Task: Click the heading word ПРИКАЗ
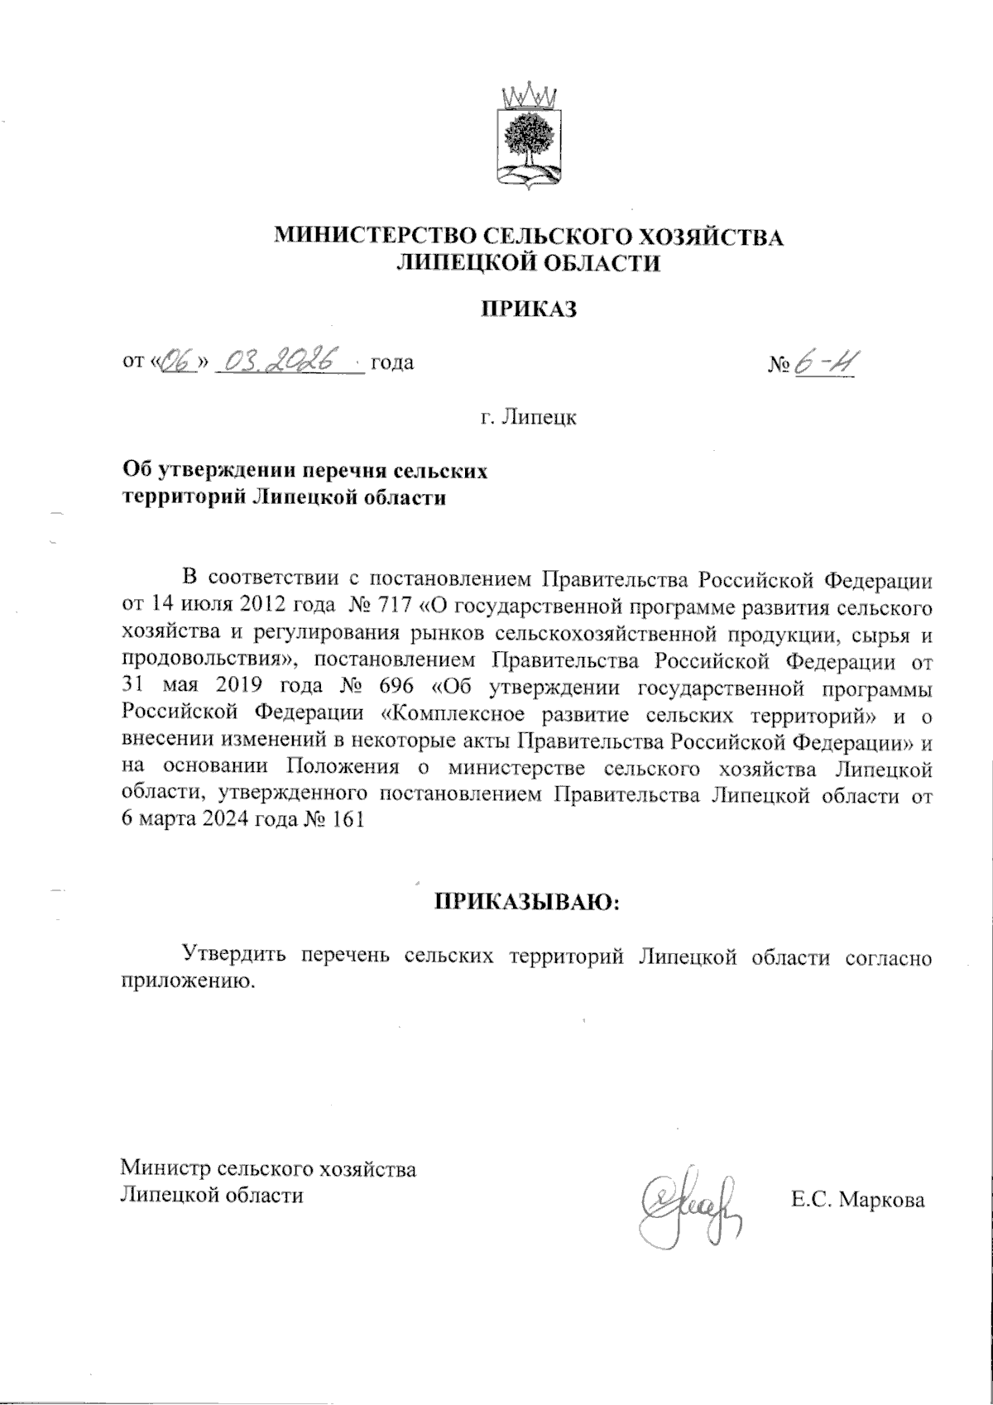pyautogui.click(x=528, y=310)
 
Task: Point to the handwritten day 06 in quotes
pyautogui.click(x=176, y=362)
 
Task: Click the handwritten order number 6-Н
pyautogui.click(x=824, y=364)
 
